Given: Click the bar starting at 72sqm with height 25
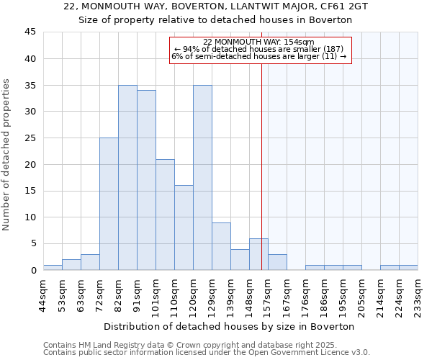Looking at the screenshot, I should [x=109, y=204].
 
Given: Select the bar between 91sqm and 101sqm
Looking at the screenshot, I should [x=146, y=180].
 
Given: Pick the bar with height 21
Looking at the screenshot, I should [x=165, y=215].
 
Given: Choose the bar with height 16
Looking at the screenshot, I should [x=184, y=228].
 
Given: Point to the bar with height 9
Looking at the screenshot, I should [x=221, y=246].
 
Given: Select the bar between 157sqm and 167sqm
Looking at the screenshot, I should [x=277, y=262].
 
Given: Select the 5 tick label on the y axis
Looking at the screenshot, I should [x=33, y=243].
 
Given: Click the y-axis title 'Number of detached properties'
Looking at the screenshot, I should [x=7, y=155].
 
